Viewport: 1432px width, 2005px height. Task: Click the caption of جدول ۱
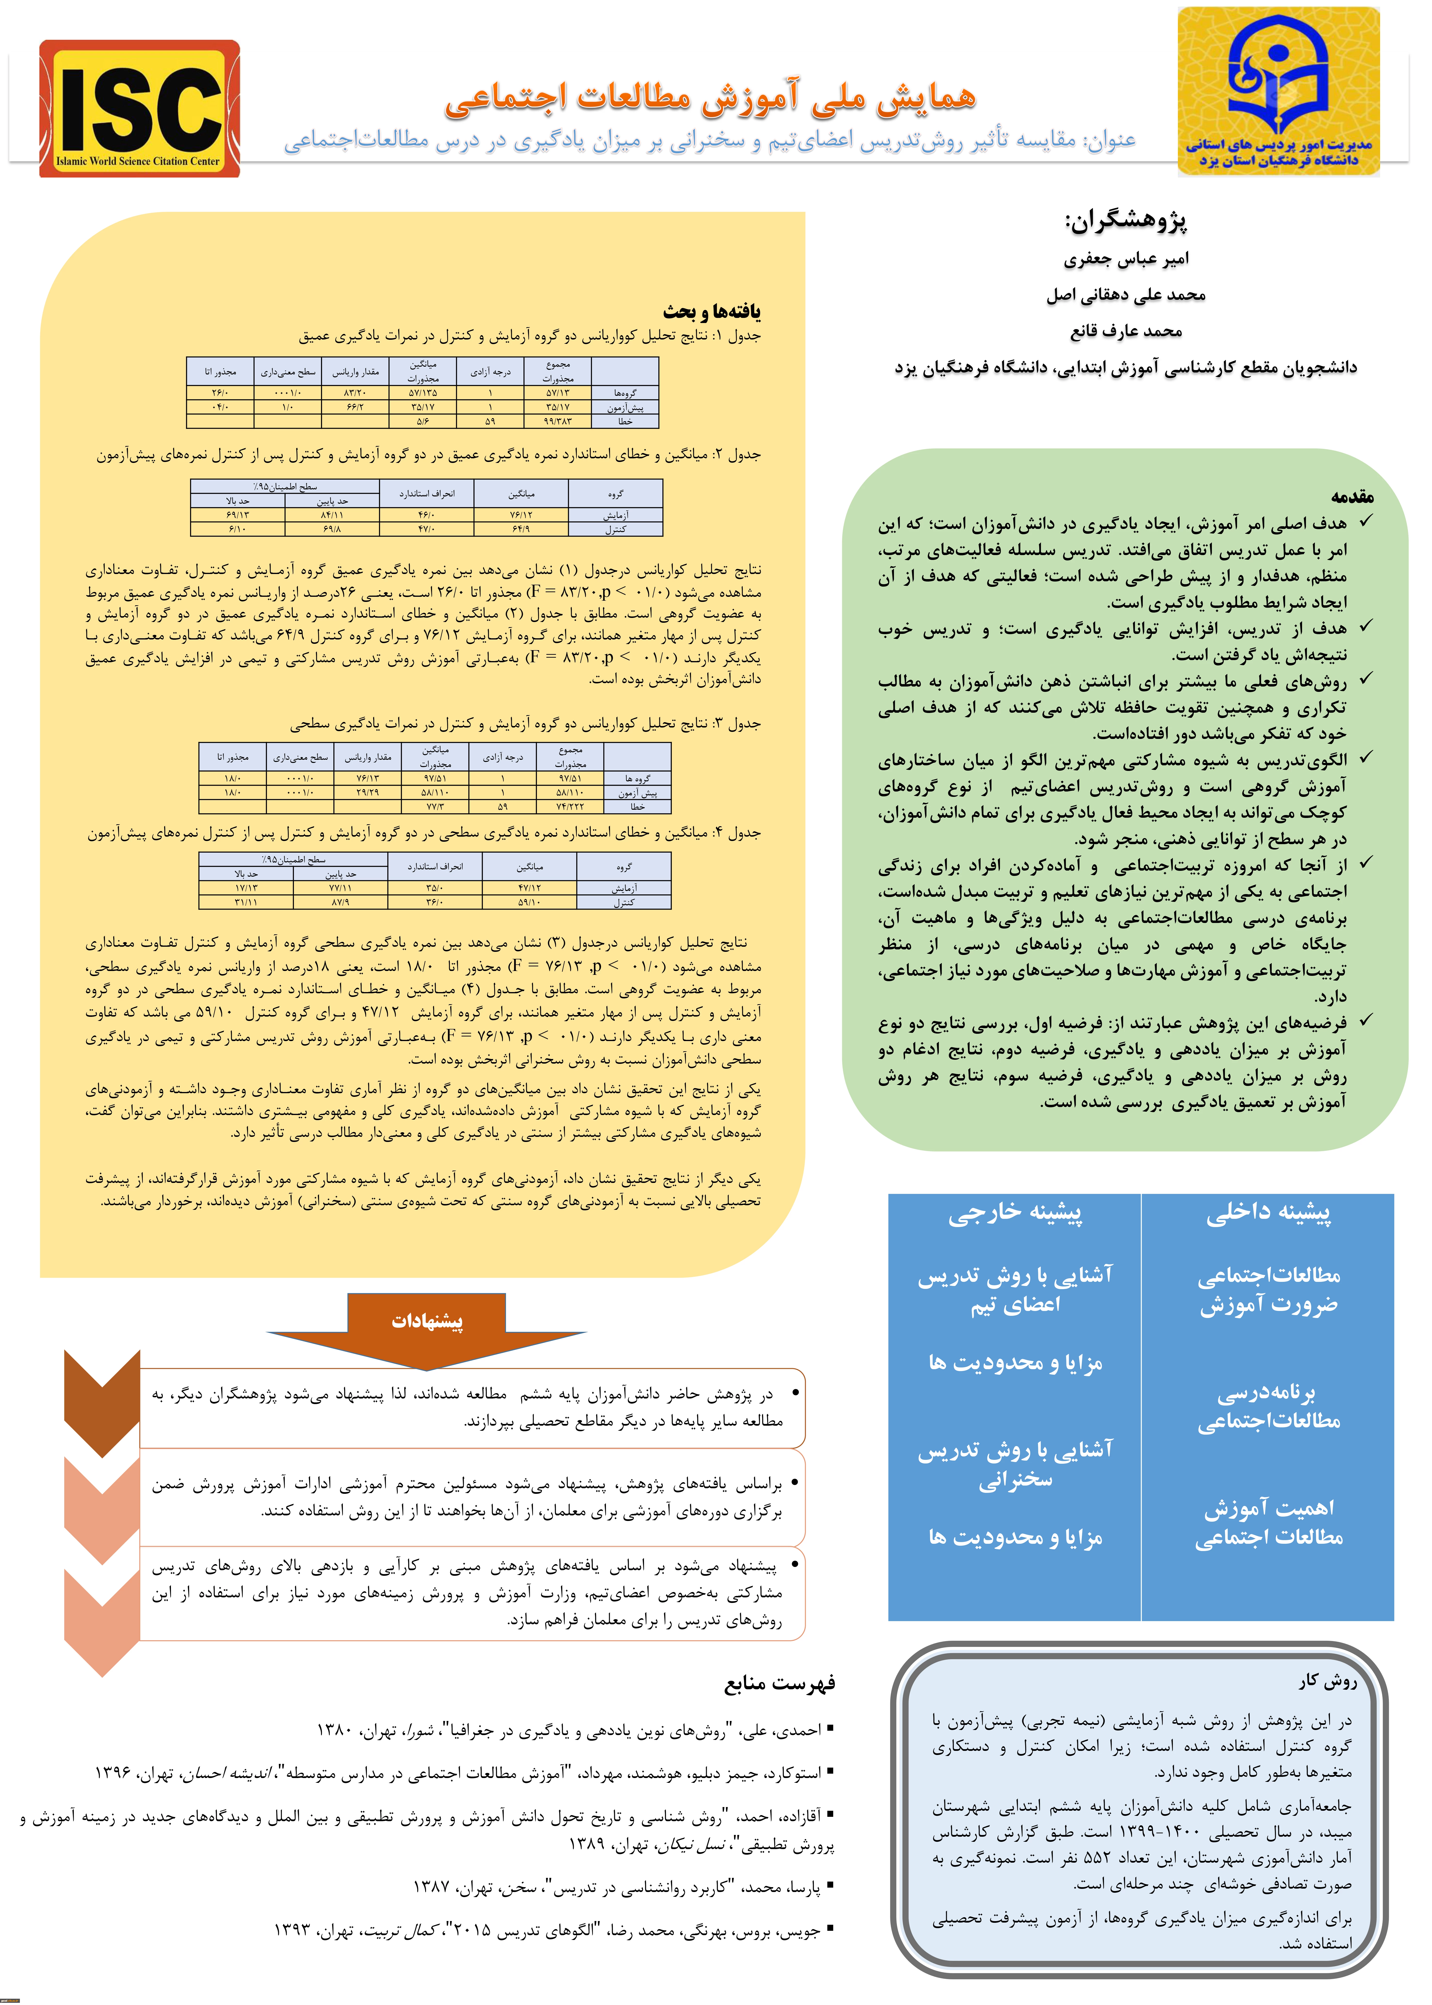point(529,336)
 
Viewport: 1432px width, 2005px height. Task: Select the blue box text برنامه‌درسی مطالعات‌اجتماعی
point(1268,1407)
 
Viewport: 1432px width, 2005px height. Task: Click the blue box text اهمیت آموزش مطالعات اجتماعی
point(1268,1523)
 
